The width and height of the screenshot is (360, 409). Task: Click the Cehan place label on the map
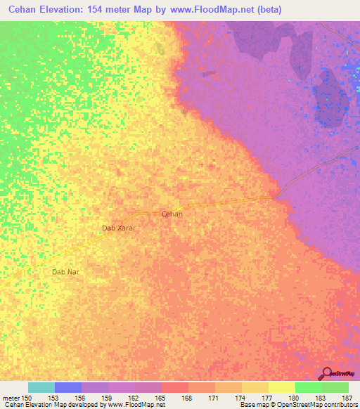pyautogui.click(x=172, y=214)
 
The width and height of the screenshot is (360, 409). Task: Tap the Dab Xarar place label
pyautogui.click(x=118, y=228)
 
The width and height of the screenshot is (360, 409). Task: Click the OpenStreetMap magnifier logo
pyautogui.click(x=327, y=375)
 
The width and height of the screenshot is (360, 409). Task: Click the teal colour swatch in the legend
pyautogui.click(x=41, y=387)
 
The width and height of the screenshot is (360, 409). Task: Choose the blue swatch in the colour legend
pyautogui.click(x=68, y=387)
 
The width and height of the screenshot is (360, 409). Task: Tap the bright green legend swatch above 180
pyautogui.click(x=308, y=387)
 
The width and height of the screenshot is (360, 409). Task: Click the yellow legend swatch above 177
pyautogui.click(x=281, y=387)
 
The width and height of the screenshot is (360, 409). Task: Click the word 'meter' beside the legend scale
pyautogui.click(x=12, y=398)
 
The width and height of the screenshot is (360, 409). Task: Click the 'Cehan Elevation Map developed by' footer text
pyautogui.click(x=49, y=405)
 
